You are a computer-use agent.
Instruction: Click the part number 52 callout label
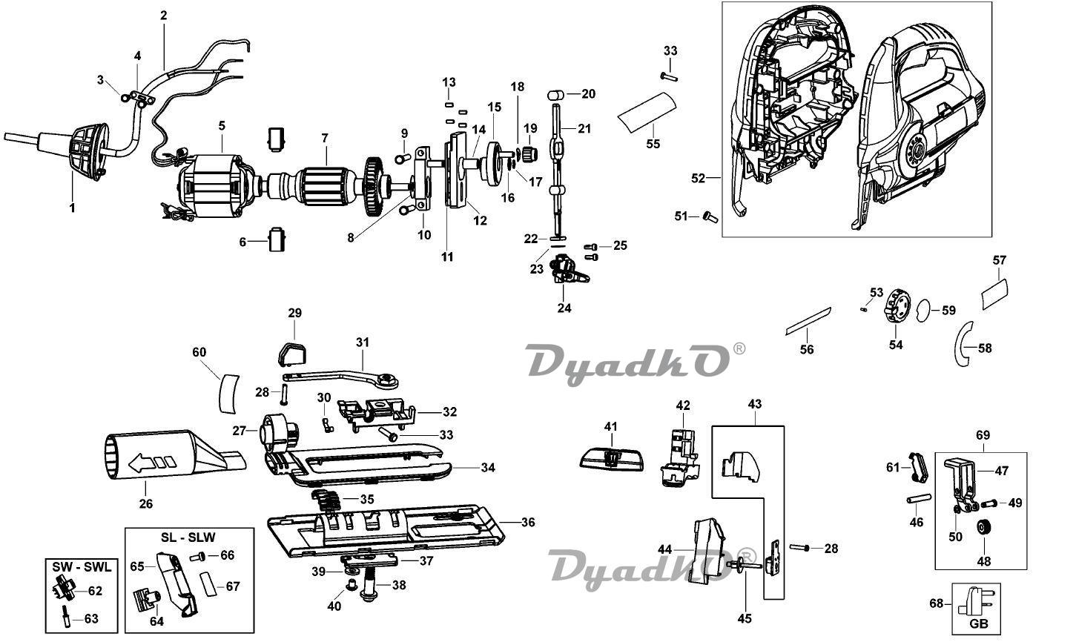[x=697, y=178]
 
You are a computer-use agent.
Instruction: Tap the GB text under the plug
[x=979, y=624]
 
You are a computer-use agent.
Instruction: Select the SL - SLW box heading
[x=188, y=537]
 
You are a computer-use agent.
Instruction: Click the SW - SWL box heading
[x=82, y=567]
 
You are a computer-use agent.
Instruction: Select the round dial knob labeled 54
[x=895, y=307]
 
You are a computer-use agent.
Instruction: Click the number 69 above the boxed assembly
[x=983, y=435]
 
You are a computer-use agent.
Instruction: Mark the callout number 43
[x=754, y=404]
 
